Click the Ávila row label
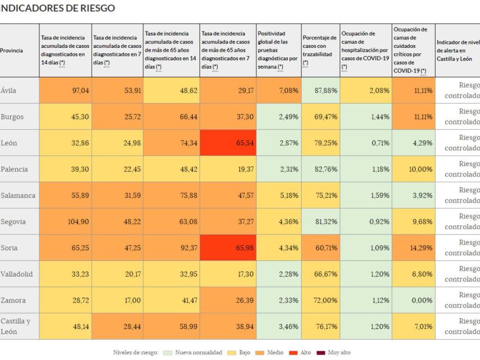click(9, 91)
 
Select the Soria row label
click(10, 248)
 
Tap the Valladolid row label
click(17, 274)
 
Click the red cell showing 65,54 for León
click(228, 143)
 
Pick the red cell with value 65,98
click(228, 248)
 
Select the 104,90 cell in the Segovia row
click(65, 222)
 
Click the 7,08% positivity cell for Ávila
click(278, 91)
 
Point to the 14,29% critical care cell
click(413, 248)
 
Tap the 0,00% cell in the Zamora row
click(413, 300)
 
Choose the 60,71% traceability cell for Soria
click(320, 248)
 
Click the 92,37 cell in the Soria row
click(171, 248)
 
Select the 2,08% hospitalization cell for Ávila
click(365, 91)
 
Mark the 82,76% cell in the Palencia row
click(320, 169)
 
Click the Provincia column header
click(12, 51)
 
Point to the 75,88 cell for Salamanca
click(171, 196)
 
